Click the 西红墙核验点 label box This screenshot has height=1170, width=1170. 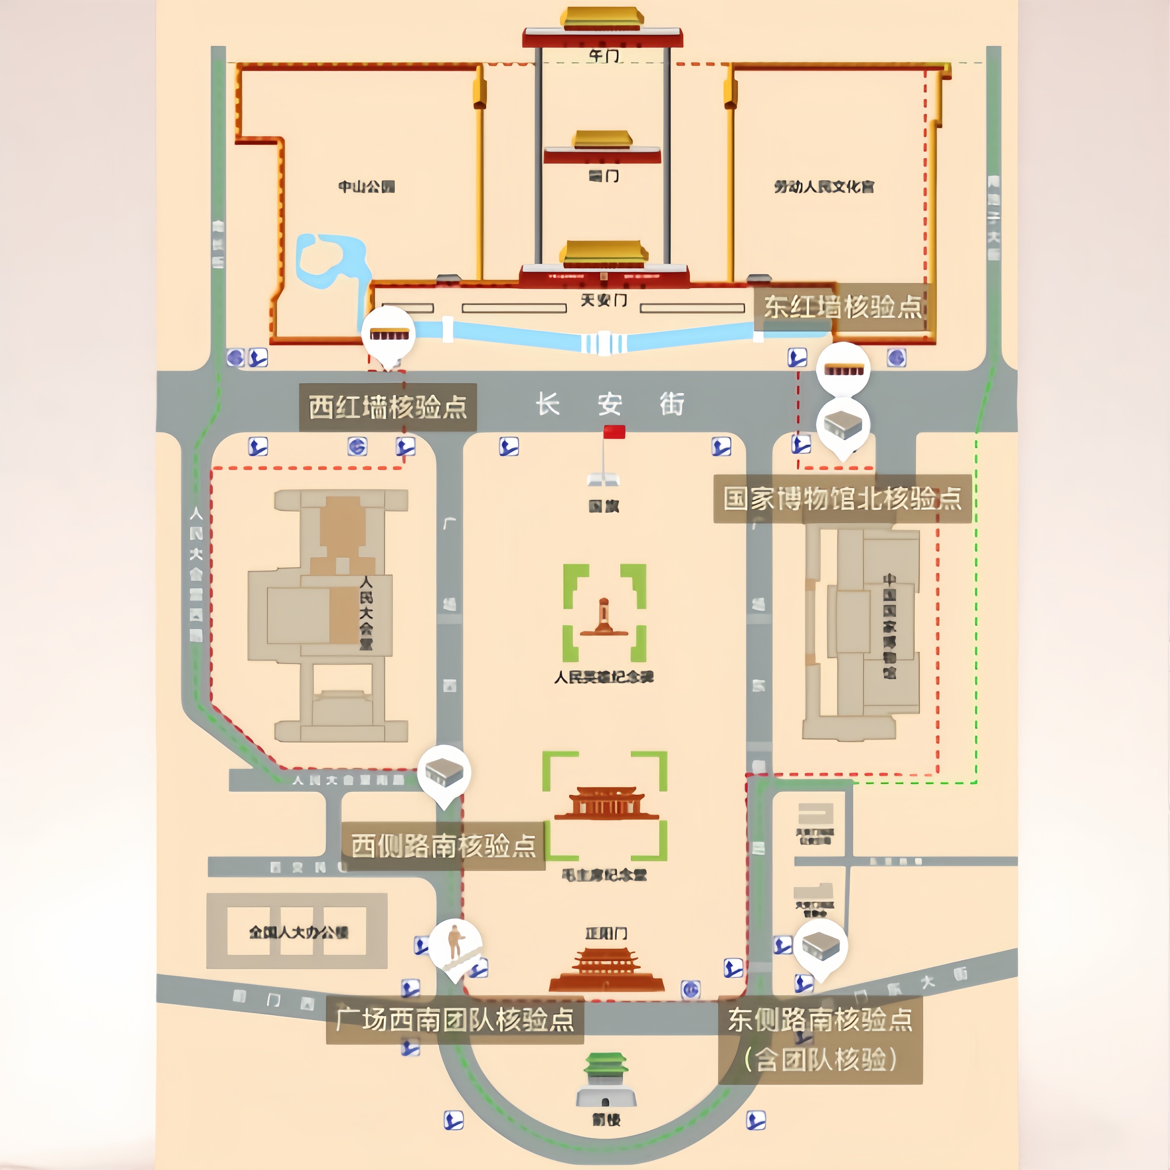point(388,407)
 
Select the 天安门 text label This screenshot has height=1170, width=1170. point(604,300)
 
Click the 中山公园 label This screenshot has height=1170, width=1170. point(366,186)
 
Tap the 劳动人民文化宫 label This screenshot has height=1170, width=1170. point(824,186)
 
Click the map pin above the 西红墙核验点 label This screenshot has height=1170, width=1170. point(388,334)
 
